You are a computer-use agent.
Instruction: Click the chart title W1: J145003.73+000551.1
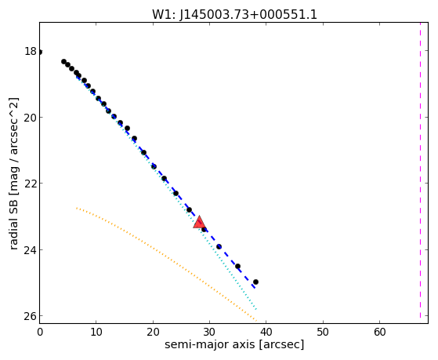tap(234, 14)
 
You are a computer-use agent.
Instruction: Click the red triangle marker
tap(199, 223)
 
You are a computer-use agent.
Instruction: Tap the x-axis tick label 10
tap(96, 332)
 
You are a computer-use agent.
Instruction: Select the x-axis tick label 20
tap(153, 332)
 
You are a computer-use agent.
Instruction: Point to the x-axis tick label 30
tap(209, 332)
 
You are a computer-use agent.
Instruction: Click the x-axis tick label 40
tap(266, 332)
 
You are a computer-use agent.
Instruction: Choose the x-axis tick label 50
tap(323, 332)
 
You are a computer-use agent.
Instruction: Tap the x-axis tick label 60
tap(379, 332)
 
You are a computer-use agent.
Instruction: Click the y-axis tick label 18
tap(30, 51)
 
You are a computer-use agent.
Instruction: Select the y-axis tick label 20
tap(30, 118)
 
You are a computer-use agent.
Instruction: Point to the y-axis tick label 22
tap(30, 184)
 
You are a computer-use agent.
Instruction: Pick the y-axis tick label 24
tap(30, 249)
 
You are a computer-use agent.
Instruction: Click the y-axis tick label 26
tap(30, 316)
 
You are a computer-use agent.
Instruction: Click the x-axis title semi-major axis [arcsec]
tap(234, 344)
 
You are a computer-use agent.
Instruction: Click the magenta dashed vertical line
tap(420, 170)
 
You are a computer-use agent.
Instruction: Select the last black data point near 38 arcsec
tap(255, 282)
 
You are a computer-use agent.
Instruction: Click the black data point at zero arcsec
tap(40, 52)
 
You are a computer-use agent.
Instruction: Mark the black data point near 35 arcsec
tap(237, 267)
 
